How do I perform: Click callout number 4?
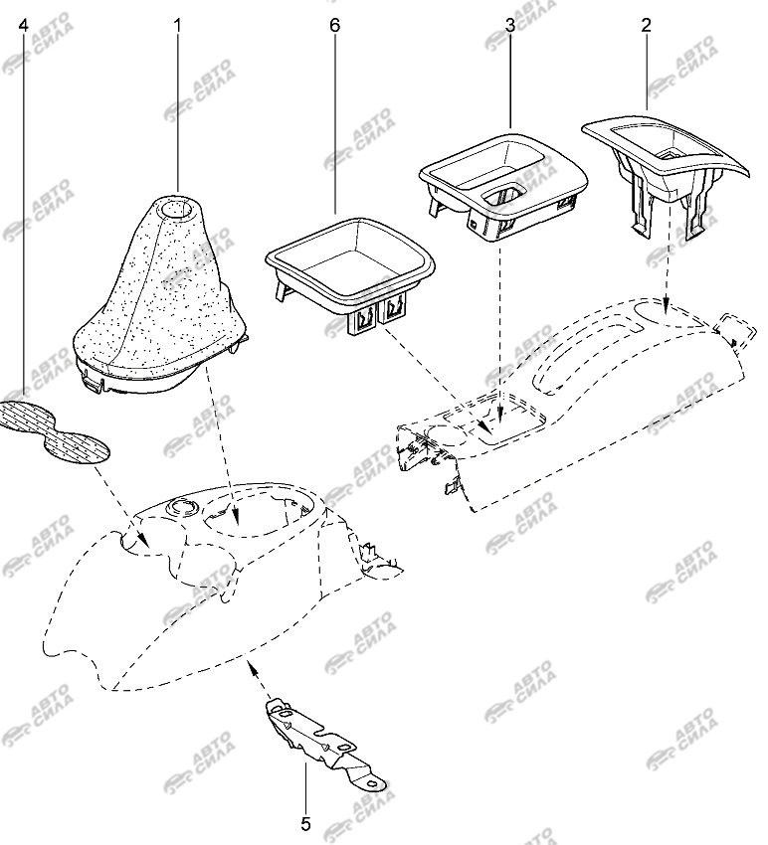coord(23,25)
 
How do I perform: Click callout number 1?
coord(177,25)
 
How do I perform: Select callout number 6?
coord(335,25)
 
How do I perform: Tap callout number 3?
coord(510,25)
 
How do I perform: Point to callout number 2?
coord(646,25)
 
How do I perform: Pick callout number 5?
coord(305,824)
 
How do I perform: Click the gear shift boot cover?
coord(162,296)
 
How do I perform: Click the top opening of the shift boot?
coord(177,208)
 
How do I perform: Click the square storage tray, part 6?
coord(350,274)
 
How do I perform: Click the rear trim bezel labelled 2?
coord(665,172)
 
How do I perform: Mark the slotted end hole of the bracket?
coord(373,782)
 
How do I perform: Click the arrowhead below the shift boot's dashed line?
coord(236,517)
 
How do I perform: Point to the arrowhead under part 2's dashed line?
coord(667,305)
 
